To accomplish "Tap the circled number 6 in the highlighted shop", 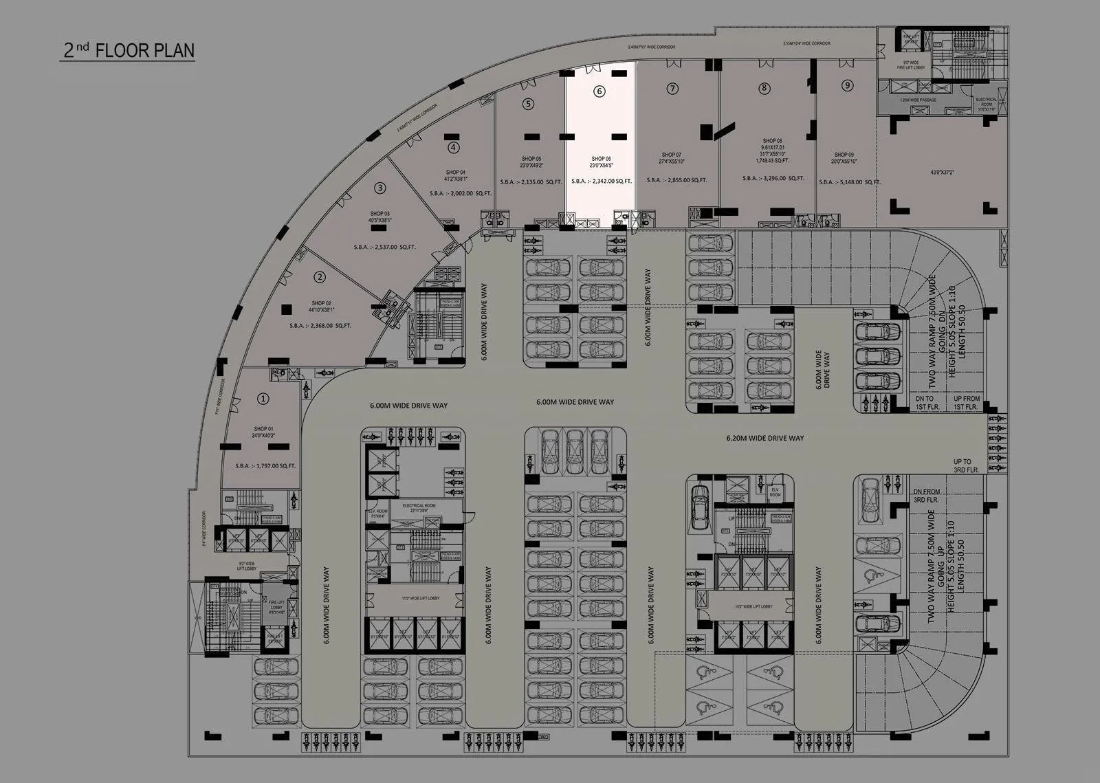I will pos(599,91).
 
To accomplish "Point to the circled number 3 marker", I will pos(379,187).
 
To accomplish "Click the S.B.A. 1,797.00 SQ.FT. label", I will pos(265,466).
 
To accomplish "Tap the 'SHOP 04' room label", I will pos(456,172).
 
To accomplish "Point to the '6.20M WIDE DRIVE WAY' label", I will pos(765,438).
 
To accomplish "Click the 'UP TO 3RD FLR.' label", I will pos(962,465).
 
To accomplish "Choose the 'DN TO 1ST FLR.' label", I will pos(925,403).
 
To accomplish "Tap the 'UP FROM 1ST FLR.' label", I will pos(967,403).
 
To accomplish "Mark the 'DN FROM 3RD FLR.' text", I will pos(926,496).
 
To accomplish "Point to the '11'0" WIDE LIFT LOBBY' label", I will pos(421,599).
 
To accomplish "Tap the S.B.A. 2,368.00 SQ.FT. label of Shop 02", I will pos(320,326).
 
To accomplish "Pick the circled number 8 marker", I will pos(764,88).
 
